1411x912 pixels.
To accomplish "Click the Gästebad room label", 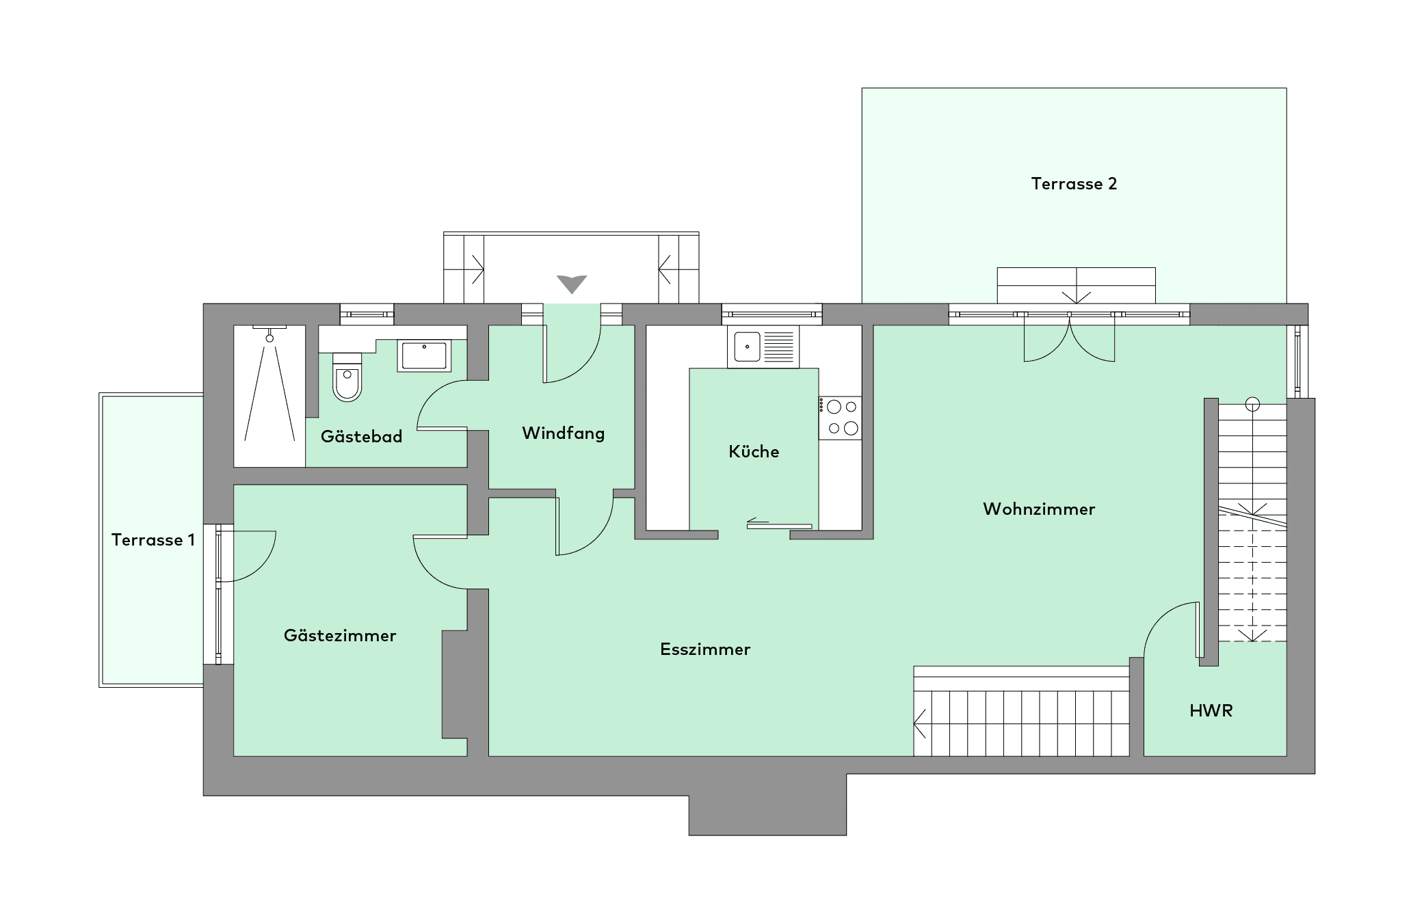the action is [x=361, y=437].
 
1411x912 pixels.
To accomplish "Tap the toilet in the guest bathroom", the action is [x=347, y=377].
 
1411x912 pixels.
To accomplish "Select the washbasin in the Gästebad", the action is [x=424, y=356].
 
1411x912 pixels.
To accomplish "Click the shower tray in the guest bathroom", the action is [x=269, y=397].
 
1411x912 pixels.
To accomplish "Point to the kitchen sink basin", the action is [x=747, y=347].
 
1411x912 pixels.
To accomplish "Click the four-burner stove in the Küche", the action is [x=841, y=417].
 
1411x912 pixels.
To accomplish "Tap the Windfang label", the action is [x=564, y=433].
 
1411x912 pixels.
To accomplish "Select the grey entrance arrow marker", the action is [x=572, y=284].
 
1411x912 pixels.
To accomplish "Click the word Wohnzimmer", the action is [x=1039, y=509].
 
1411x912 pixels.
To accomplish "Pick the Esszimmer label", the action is [x=705, y=649].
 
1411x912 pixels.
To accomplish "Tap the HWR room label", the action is [x=1211, y=711].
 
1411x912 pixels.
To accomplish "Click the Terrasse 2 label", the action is [x=1074, y=184].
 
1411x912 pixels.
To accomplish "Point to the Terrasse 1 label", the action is [x=153, y=540].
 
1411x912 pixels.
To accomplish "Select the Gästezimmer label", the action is [x=340, y=636].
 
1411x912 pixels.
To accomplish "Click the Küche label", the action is [x=754, y=452].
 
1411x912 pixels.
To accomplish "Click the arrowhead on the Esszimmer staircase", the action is [x=919, y=723].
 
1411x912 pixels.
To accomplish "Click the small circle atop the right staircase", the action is [x=1252, y=404].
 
